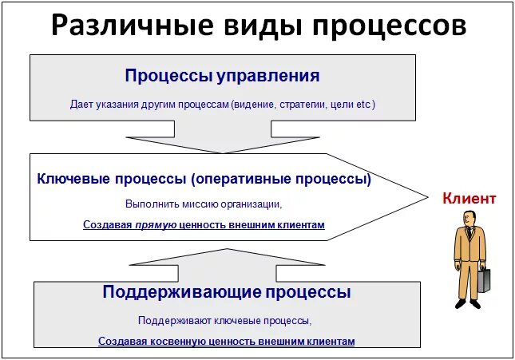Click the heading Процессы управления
222,76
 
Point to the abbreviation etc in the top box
363,105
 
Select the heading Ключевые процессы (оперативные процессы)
204,179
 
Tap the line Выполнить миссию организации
203,204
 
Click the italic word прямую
156,225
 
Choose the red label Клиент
469,199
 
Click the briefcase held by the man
484,280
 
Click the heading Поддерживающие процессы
226,291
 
